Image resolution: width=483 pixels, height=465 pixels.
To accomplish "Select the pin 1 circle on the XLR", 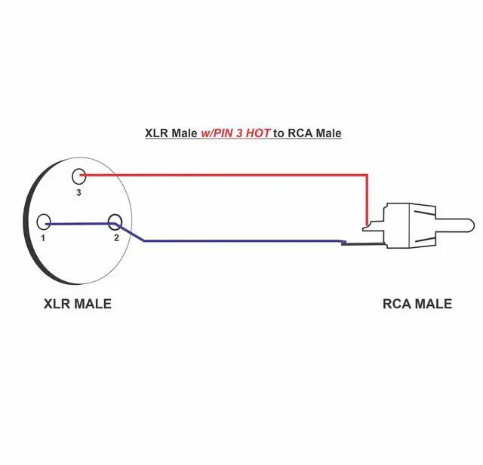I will pos(44,222).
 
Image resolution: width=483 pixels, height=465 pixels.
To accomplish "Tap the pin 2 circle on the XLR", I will pos(115,222).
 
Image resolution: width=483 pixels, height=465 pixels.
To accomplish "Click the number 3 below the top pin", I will pos(78,192).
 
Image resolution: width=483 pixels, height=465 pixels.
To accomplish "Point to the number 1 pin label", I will pos(43,238).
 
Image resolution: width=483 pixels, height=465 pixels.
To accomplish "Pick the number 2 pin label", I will pos(116,238).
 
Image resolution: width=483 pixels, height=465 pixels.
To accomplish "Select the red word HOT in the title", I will pos(255,133).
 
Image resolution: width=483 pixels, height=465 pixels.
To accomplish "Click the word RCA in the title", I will pos(300,133).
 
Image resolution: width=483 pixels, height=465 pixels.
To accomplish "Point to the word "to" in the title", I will pos(279,133).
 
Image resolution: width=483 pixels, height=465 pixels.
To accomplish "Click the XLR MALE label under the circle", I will pos(78,304).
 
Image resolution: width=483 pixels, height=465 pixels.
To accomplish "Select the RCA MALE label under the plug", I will pos(417,304).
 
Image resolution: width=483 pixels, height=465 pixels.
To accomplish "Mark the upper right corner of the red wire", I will pos(368,175).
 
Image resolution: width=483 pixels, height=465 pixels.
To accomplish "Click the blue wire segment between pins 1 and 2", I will pos(79,223).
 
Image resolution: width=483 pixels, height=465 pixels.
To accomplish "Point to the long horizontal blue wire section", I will pos(241,241).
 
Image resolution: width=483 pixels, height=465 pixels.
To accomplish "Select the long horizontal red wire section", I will pos(226,175).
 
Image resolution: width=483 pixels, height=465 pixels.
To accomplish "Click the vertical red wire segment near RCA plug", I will pos(368,200).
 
